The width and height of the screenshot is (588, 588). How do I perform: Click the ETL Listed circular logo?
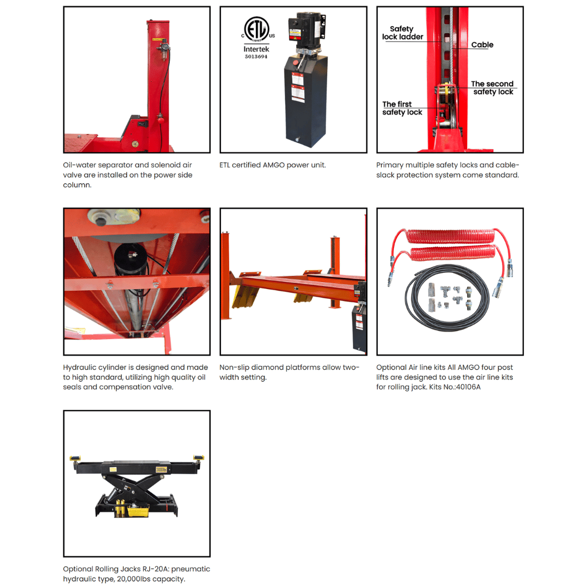pyautogui.click(x=255, y=28)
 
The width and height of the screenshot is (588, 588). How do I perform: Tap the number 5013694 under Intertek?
pyautogui.click(x=255, y=57)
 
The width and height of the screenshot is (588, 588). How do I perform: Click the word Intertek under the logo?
pyautogui.click(x=255, y=49)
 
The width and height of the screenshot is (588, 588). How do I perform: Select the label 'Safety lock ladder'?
pyautogui.click(x=402, y=33)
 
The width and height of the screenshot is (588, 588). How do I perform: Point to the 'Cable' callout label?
pyautogui.click(x=482, y=45)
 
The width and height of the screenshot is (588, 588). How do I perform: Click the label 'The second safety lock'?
pyautogui.click(x=493, y=88)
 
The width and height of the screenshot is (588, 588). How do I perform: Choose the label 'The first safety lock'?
pyautogui.click(x=402, y=108)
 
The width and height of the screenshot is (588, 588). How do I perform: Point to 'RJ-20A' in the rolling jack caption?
pyautogui.click(x=148, y=569)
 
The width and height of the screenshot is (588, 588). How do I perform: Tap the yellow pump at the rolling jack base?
pyautogui.click(x=137, y=510)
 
